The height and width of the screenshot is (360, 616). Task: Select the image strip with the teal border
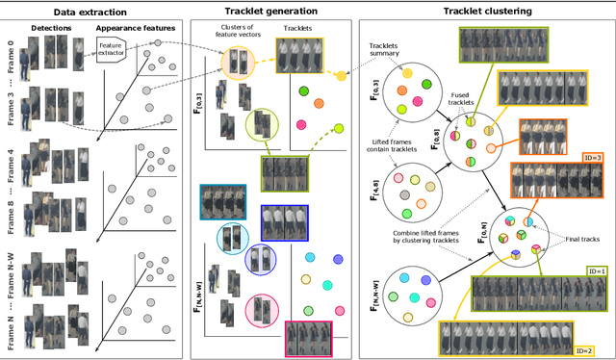[224, 203]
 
